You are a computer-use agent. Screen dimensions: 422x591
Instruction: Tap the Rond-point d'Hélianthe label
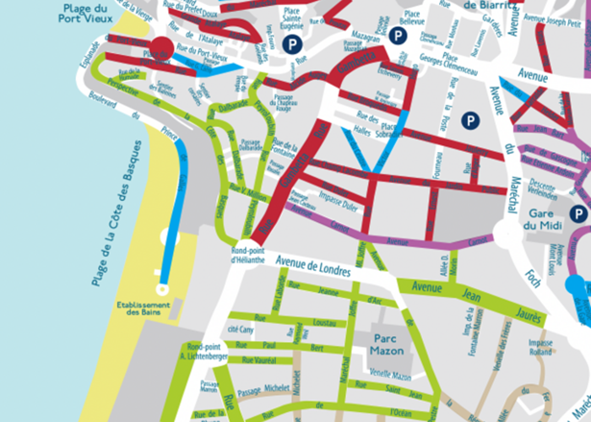pos(249,256)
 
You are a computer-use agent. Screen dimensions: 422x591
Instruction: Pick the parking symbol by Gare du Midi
pos(577,214)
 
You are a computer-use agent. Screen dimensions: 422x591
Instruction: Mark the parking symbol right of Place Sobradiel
pos(466,121)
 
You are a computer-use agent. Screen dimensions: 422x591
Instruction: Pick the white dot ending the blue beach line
pos(162,289)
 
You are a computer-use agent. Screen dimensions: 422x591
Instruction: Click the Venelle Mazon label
pos(389,376)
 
